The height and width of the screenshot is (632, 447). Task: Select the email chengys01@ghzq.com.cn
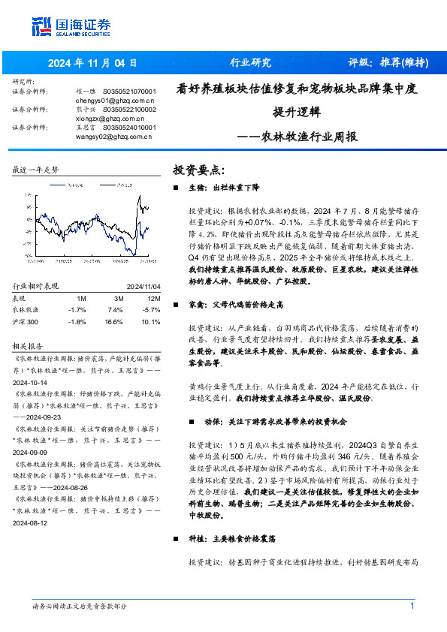[115, 99]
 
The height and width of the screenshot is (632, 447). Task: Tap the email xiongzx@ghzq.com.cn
[110, 118]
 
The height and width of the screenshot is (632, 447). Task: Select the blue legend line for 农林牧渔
[57, 182]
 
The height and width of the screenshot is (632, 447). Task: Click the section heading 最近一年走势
[35, 170]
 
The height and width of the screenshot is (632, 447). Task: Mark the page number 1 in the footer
[412, 606]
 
